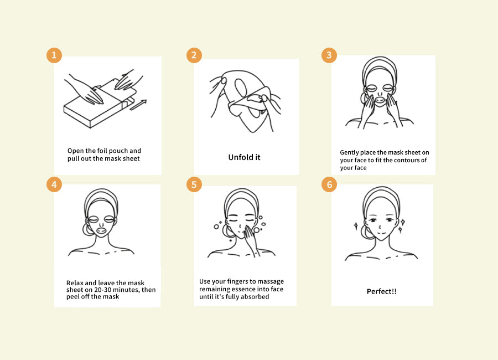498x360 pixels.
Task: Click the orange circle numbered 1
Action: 54,55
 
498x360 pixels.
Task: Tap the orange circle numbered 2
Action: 194,55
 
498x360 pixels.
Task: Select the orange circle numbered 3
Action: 329,55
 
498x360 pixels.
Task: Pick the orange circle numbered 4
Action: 54,184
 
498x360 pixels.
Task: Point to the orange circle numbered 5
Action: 194,184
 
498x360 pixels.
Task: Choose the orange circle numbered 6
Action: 329,184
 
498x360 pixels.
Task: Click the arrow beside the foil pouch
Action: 138,105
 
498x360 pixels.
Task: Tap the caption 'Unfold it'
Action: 244,157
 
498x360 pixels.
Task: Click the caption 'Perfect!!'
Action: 381,291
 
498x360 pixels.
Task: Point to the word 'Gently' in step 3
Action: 349,153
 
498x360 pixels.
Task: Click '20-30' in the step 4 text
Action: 102,290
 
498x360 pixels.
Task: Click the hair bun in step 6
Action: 366,232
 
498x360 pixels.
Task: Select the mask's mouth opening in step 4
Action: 101,230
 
